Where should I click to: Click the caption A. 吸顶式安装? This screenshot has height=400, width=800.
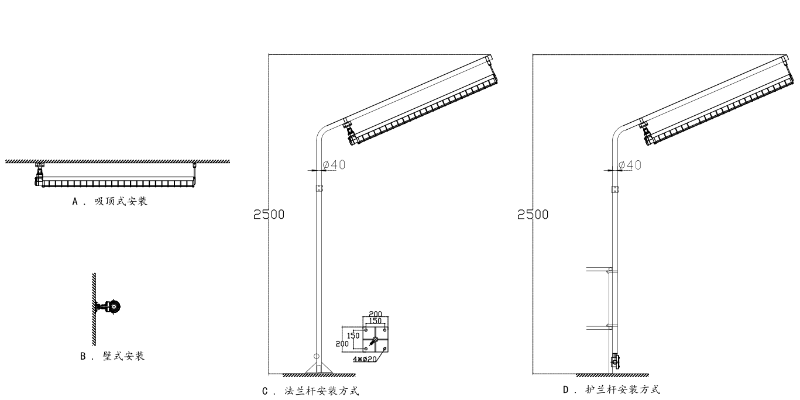(109, 201)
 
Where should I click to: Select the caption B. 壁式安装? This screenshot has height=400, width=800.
(112, 356)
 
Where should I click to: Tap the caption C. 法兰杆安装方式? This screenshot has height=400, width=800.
(310, 391)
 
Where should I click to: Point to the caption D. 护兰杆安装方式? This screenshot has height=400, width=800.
(611, 389)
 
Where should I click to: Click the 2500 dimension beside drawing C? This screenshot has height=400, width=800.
(269, 215)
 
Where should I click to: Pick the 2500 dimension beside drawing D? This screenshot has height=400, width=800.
(533, 215)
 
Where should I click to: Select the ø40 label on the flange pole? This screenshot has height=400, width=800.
(334, 164)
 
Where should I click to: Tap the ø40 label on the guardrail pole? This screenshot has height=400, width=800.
(630, 165)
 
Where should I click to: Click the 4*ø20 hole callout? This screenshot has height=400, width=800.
(365, 359)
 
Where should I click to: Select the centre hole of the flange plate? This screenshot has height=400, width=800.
(375, 339)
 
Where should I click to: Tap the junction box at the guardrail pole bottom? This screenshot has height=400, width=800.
(615, 361)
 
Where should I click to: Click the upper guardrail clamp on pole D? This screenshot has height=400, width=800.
(611, 271)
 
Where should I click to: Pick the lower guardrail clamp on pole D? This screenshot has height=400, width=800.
(611, 326)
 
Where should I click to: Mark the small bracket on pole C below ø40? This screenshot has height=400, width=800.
(320, 188)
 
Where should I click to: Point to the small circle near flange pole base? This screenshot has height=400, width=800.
(316, 357)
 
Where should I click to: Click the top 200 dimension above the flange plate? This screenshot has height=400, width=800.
(375, 314)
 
